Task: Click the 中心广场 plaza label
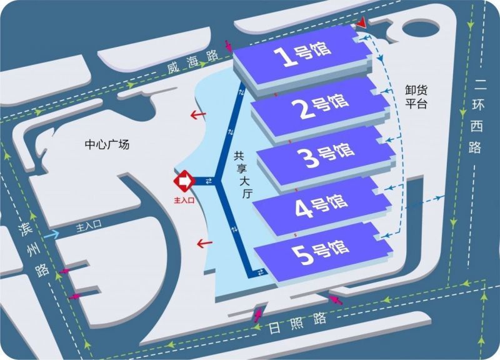pos(107,144)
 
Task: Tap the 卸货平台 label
pos(416,96)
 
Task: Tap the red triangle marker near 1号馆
pos(361,24)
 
